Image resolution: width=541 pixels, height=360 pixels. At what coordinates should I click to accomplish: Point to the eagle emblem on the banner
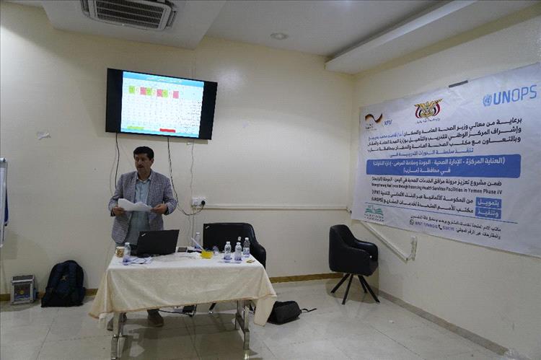point(428,110)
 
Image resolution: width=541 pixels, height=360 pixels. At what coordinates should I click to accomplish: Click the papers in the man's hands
point(134,205)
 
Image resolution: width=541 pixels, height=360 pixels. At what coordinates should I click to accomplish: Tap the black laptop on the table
point(158,242)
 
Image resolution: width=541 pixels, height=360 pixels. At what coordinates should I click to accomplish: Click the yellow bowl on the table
point(206,254)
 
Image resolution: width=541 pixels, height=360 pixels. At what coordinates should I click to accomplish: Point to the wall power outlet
point(198,201)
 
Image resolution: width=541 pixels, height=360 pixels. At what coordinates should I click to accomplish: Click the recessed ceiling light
point(279,36)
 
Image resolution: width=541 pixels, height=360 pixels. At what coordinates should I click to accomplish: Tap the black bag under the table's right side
point(285,312)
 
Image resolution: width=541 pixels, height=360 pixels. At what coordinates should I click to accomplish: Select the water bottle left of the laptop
point(127,253)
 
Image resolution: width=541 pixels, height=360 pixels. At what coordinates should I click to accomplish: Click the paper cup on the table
point(120,252)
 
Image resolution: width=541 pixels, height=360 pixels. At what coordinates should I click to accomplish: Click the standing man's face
point(144,159)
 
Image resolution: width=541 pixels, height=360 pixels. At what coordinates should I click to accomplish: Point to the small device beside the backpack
point(22,289)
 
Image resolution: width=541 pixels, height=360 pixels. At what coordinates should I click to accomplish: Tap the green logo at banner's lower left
point(375,211)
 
